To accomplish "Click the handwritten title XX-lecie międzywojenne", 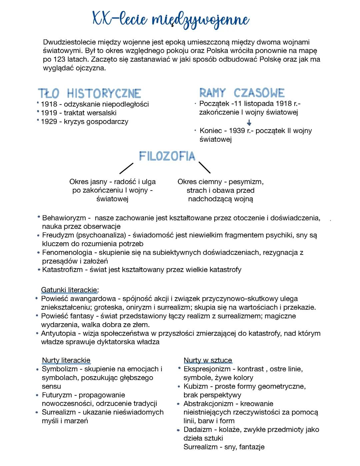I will click(x=170, y=19).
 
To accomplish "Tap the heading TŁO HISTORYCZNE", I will click(x=90, y=93).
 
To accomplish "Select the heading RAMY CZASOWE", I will click(x=242, y=93).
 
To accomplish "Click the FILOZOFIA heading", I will click(x=167, y=156).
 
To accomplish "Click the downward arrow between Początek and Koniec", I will click(x=249, y=123).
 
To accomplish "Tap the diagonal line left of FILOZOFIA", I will click(x=126, y=168).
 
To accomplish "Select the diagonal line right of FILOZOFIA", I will click(x=204, y=167).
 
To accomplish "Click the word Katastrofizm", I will click(x=62, y=270).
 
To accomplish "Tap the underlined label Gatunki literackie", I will click(x=69, y=290).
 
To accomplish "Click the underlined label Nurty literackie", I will click(x=66, y=360).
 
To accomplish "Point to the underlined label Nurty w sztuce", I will click(x=208, y=360).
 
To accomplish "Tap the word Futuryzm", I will click(x=57, y=395).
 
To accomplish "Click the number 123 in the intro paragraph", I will click(x=59, y=59).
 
